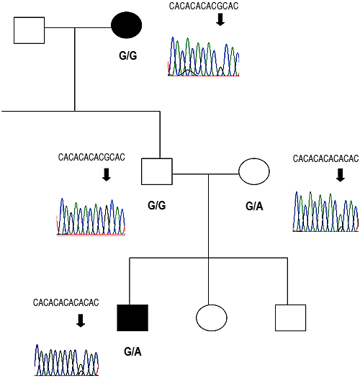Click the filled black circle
tap(126, 25)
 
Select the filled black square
tap(132, 318)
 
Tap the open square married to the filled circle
tap(30, 30)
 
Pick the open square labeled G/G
tap(157, 171)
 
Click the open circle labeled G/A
tap(254, 171)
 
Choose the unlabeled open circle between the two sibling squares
tap(212, 318)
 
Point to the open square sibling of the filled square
tap(291, 318)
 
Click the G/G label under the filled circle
tap(127, 55)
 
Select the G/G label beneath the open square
tap(157, 206)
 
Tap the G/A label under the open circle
tap(254, 207)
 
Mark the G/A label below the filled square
tap(132, 352)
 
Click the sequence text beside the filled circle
tap(204, 6)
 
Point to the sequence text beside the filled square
tap(66, 302)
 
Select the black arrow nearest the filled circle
tap(220, 19)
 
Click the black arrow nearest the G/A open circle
tap(341, 175)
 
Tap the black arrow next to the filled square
tap(81, 320)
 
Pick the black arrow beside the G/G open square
tap(107, 174)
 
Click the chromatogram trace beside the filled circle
tap(204, 57)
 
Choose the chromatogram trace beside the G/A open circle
tap(325, 212)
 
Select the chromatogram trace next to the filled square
tap(66, 360)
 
